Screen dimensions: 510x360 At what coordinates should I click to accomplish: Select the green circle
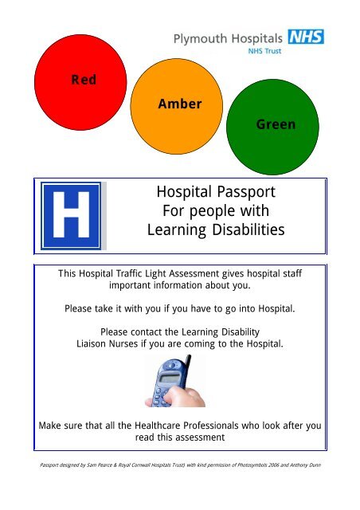pyautogui.click(x=276, y=124)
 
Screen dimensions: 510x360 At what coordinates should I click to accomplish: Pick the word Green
pyautogui.click(x=276, y=124)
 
